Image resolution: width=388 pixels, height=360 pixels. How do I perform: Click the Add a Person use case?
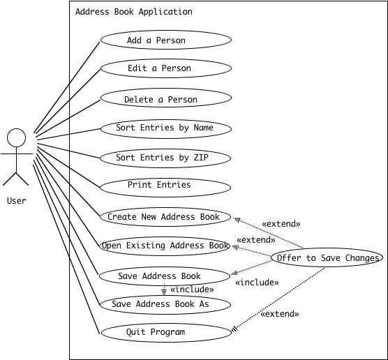coord(166,40)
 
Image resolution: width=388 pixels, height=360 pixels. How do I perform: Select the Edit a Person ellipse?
coord(166,68)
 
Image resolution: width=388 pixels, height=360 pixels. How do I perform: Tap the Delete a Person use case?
coord(166,98)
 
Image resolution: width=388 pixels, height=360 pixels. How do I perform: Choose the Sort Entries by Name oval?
coord(166,129)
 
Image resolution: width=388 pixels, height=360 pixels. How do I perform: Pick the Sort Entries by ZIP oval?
coord(165,158)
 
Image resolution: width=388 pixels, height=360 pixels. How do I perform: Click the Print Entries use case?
coord(165,188)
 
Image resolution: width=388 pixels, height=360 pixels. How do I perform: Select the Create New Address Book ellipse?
coord(165,217)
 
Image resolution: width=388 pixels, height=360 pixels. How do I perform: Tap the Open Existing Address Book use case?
coord(165,246)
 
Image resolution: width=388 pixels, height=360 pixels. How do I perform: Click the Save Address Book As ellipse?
coord(165,305)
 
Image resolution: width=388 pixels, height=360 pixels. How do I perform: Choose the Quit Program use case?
coord(166,333)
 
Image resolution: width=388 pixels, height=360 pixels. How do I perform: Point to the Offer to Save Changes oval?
coord(327,257)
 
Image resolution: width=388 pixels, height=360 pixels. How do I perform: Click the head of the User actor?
coord(16,138)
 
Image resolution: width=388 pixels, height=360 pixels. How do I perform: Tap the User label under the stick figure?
coord(17,201)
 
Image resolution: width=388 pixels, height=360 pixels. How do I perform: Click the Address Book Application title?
coord(134,12)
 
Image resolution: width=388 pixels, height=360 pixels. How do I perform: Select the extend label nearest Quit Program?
coord(280,314)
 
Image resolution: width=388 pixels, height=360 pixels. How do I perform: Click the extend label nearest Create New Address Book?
coord(281,224)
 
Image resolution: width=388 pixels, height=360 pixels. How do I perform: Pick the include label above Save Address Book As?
coord(192,290)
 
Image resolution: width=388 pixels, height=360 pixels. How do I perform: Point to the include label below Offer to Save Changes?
coord(257,283)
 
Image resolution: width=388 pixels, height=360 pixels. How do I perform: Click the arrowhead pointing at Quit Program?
coord(234,329)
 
